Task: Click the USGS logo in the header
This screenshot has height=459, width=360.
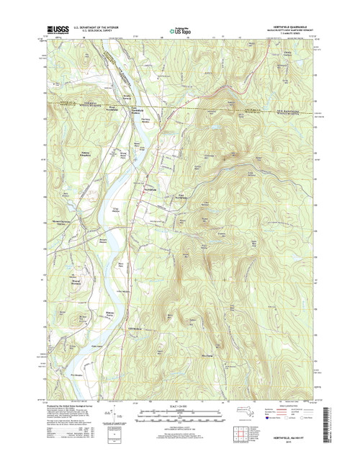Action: [x=52, y=31]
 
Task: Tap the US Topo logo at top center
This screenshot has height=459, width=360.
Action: [x=181, y=31]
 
